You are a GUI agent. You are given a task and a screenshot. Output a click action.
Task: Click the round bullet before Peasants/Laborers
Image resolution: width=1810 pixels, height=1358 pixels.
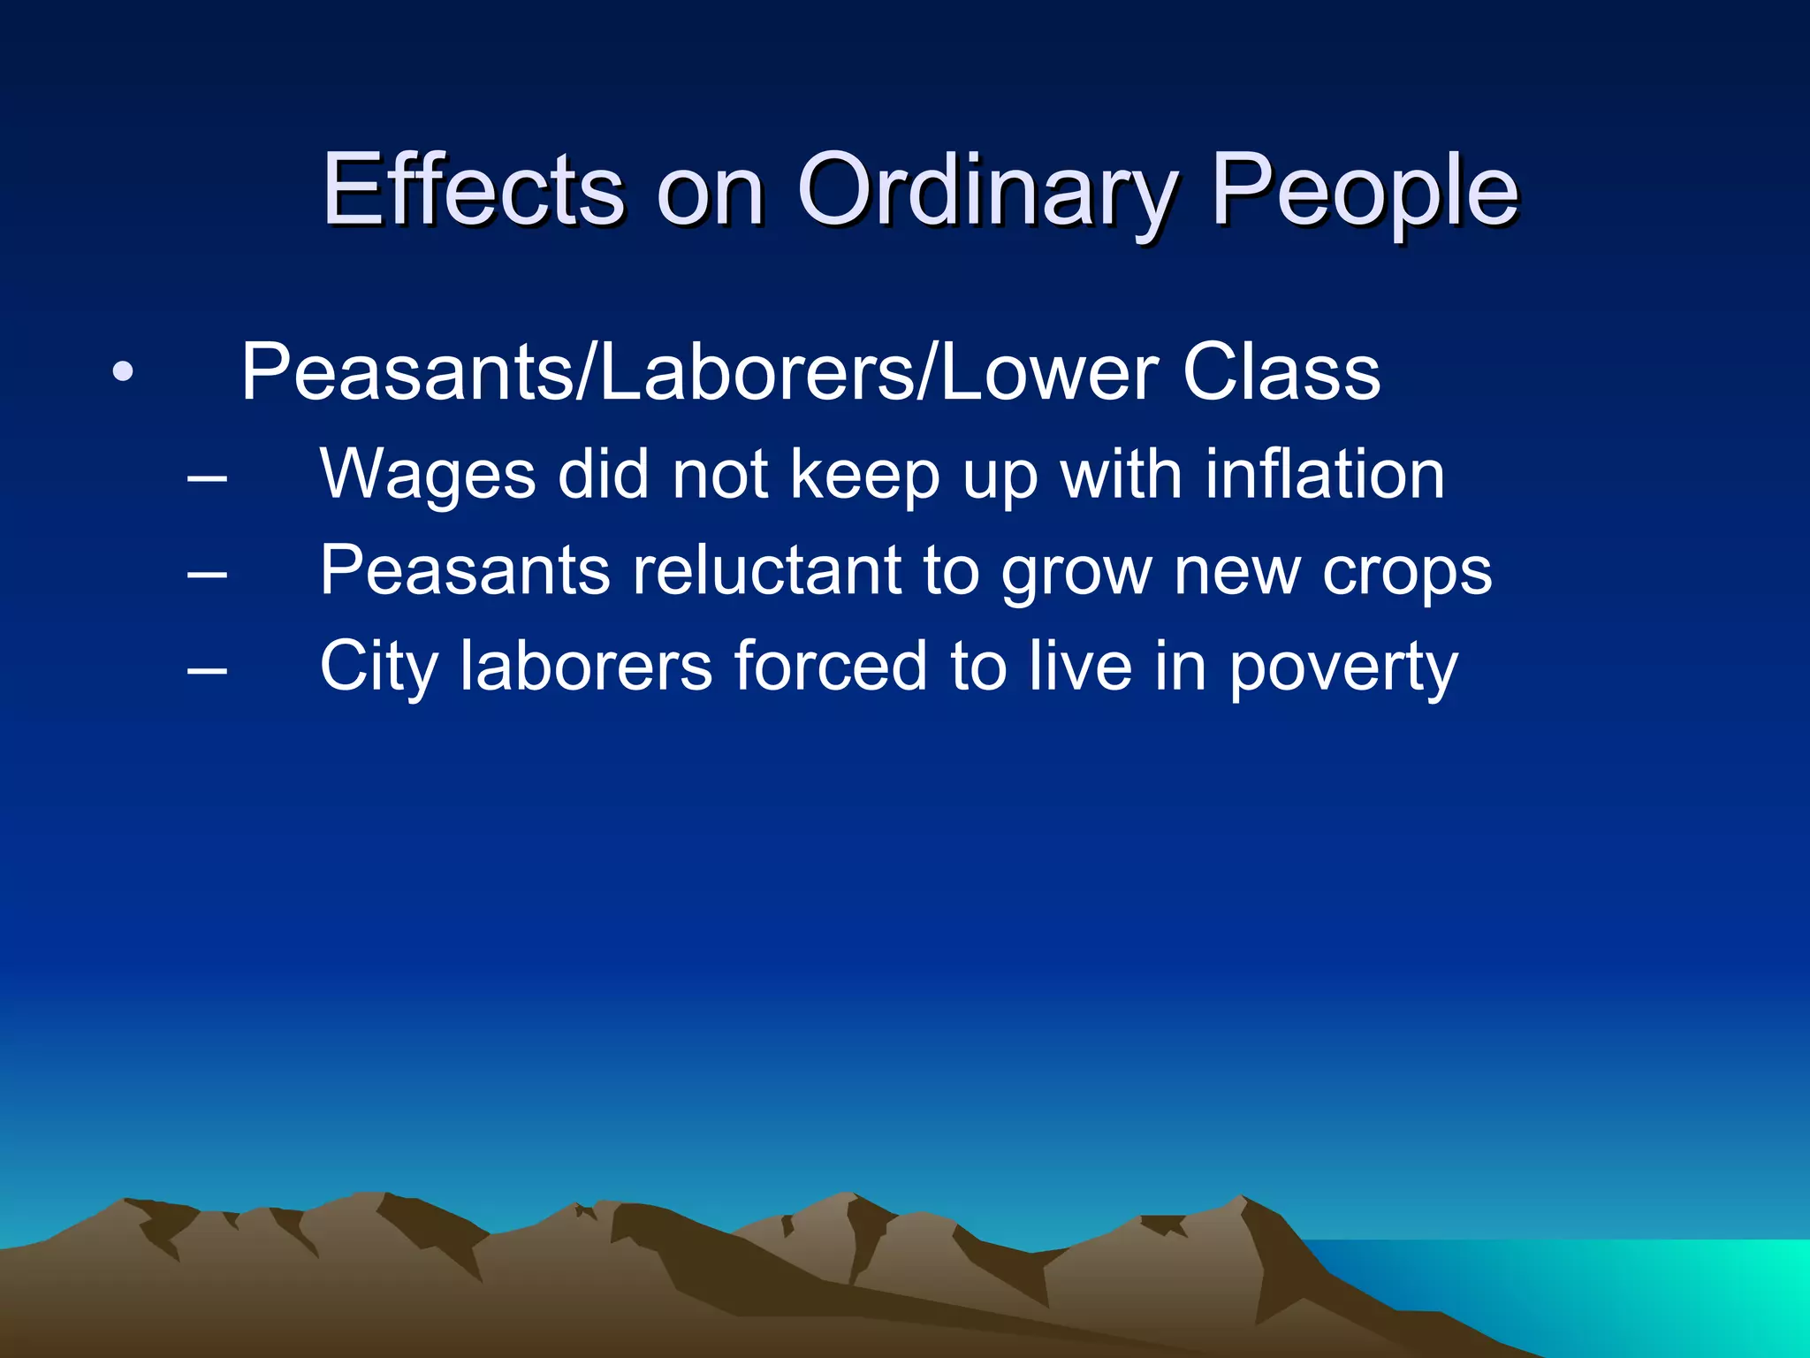click(123, 371)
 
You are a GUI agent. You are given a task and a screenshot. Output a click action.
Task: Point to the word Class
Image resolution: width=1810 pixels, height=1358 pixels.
click(1281, 372)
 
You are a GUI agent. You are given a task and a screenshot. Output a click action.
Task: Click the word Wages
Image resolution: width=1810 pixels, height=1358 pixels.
click(428, 476)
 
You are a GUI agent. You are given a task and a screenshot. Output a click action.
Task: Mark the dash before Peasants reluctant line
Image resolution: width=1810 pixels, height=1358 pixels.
click(208, 576)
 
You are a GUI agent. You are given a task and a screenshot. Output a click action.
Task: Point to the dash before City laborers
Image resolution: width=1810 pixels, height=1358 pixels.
click(208, 671)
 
